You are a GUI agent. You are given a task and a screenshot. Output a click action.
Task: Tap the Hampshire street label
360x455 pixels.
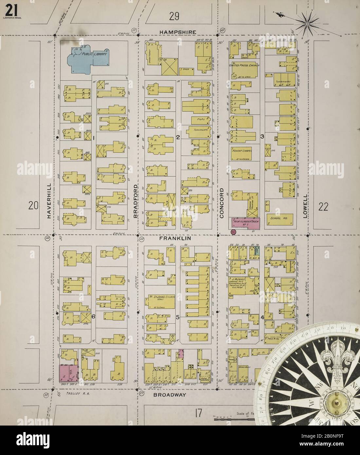tap(178, 32)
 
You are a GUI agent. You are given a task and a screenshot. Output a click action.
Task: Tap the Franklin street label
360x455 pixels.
tap(175, 239)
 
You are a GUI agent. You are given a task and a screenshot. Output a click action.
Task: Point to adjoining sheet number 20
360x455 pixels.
tap(34, 206)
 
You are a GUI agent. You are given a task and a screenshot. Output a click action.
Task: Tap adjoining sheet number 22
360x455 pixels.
tap(323, 207)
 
